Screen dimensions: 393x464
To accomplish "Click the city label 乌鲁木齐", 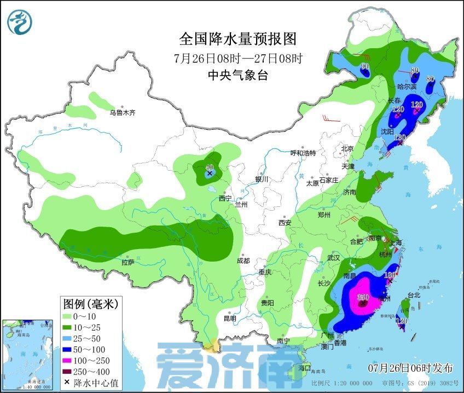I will click(x=122, y=113).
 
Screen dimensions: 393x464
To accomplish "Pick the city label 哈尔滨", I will click(x=406, y=86).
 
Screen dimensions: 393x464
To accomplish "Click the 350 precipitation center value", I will click(x=362, y=297).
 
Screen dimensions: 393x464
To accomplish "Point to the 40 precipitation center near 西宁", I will click(x=209, y=168).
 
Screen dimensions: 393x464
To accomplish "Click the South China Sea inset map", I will click(x=30, y=355).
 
